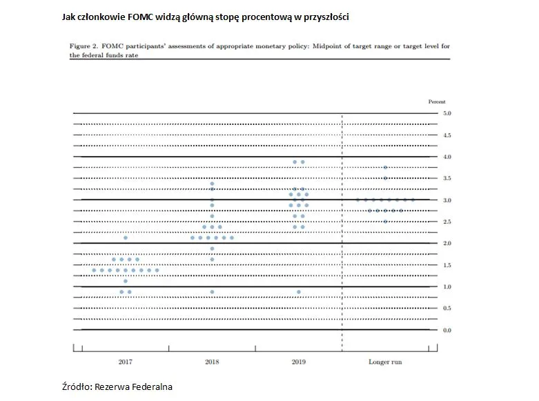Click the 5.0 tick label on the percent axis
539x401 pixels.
447,113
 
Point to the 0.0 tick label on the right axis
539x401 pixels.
447,331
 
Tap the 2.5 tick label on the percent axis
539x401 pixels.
447,222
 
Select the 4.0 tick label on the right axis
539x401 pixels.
447,157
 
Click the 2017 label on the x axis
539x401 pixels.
125,361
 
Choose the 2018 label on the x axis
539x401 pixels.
212,361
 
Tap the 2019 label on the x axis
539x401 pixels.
298,361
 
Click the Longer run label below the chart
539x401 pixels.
385,361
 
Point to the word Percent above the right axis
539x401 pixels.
438,101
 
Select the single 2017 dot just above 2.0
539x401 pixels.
125,237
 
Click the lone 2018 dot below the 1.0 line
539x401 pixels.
212,292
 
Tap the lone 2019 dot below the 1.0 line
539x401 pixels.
298,292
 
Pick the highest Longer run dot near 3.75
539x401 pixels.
385,167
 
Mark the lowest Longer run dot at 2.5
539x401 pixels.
385,222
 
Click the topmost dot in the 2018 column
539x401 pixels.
212,184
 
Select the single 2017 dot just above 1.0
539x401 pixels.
125,281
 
